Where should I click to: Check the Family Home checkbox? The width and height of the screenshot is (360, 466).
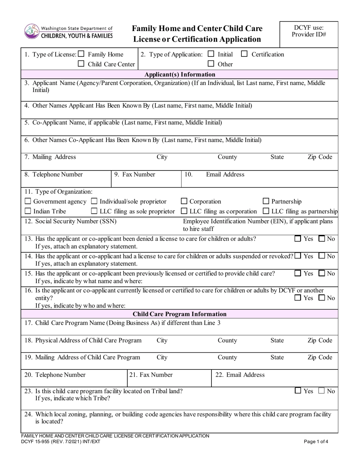(81, 54)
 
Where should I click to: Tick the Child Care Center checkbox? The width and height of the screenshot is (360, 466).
(81, 64)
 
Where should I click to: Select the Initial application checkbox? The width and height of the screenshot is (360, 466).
(211, 54)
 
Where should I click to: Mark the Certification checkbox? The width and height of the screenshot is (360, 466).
(244, 54)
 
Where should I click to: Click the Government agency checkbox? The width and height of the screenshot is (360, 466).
(28, 202)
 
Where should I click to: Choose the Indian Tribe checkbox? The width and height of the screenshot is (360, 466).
(28, 211)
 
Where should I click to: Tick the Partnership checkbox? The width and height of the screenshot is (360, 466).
(266, 202)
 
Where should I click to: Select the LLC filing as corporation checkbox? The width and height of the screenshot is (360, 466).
(184, 211)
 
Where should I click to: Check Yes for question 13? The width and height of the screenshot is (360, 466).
(298, 239)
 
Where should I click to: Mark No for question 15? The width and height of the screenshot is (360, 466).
(322, 273)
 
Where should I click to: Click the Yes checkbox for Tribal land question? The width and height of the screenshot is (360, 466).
(298, 391)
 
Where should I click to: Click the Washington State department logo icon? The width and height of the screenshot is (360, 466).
(31, 31)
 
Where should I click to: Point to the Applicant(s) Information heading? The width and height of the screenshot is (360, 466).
(180, 74)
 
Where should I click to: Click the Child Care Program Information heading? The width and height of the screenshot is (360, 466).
(180, 314)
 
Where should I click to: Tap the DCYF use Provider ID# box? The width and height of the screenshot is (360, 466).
(308, 34)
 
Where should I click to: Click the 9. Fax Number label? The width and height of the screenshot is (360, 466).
(135, 175)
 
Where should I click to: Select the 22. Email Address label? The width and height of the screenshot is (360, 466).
(240, 375)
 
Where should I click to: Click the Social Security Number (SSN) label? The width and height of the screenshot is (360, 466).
(70, 221)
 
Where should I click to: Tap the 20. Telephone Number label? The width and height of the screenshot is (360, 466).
(55, 375)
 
